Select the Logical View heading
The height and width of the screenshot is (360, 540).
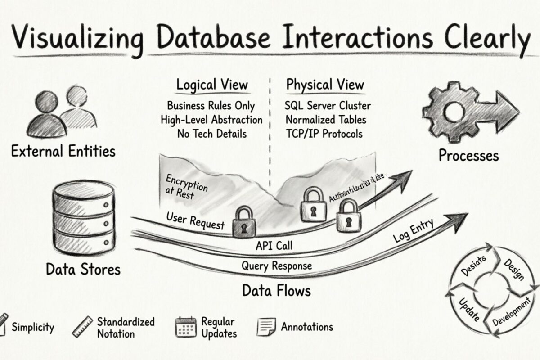click(211, 85)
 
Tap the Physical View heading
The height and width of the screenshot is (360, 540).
click(325, 85)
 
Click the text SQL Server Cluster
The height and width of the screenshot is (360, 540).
click(328, 106)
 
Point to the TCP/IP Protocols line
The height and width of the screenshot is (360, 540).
click(324, 134)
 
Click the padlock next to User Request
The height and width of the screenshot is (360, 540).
click(244, 221)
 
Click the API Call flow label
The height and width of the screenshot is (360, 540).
click(274, 245)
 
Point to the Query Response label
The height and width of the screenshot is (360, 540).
click(276, 265)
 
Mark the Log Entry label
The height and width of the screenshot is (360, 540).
click(413, 230)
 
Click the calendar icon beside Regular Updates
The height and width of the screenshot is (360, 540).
click(185, 327)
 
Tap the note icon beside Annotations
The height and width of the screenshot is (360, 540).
click(266, 327)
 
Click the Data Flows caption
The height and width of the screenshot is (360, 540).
click(276, 290)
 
